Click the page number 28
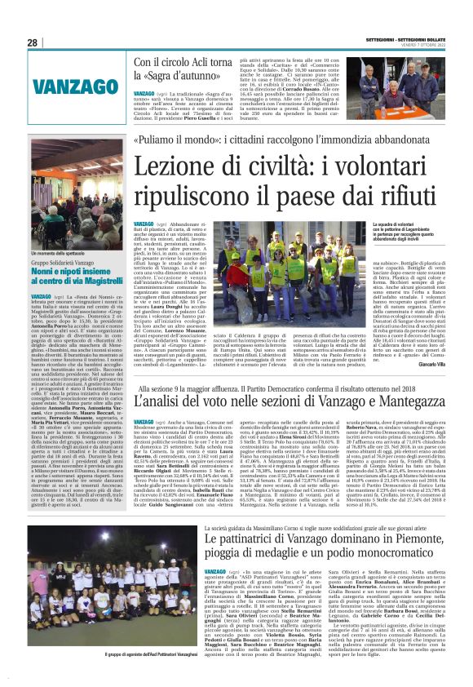[x=33, y=42]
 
